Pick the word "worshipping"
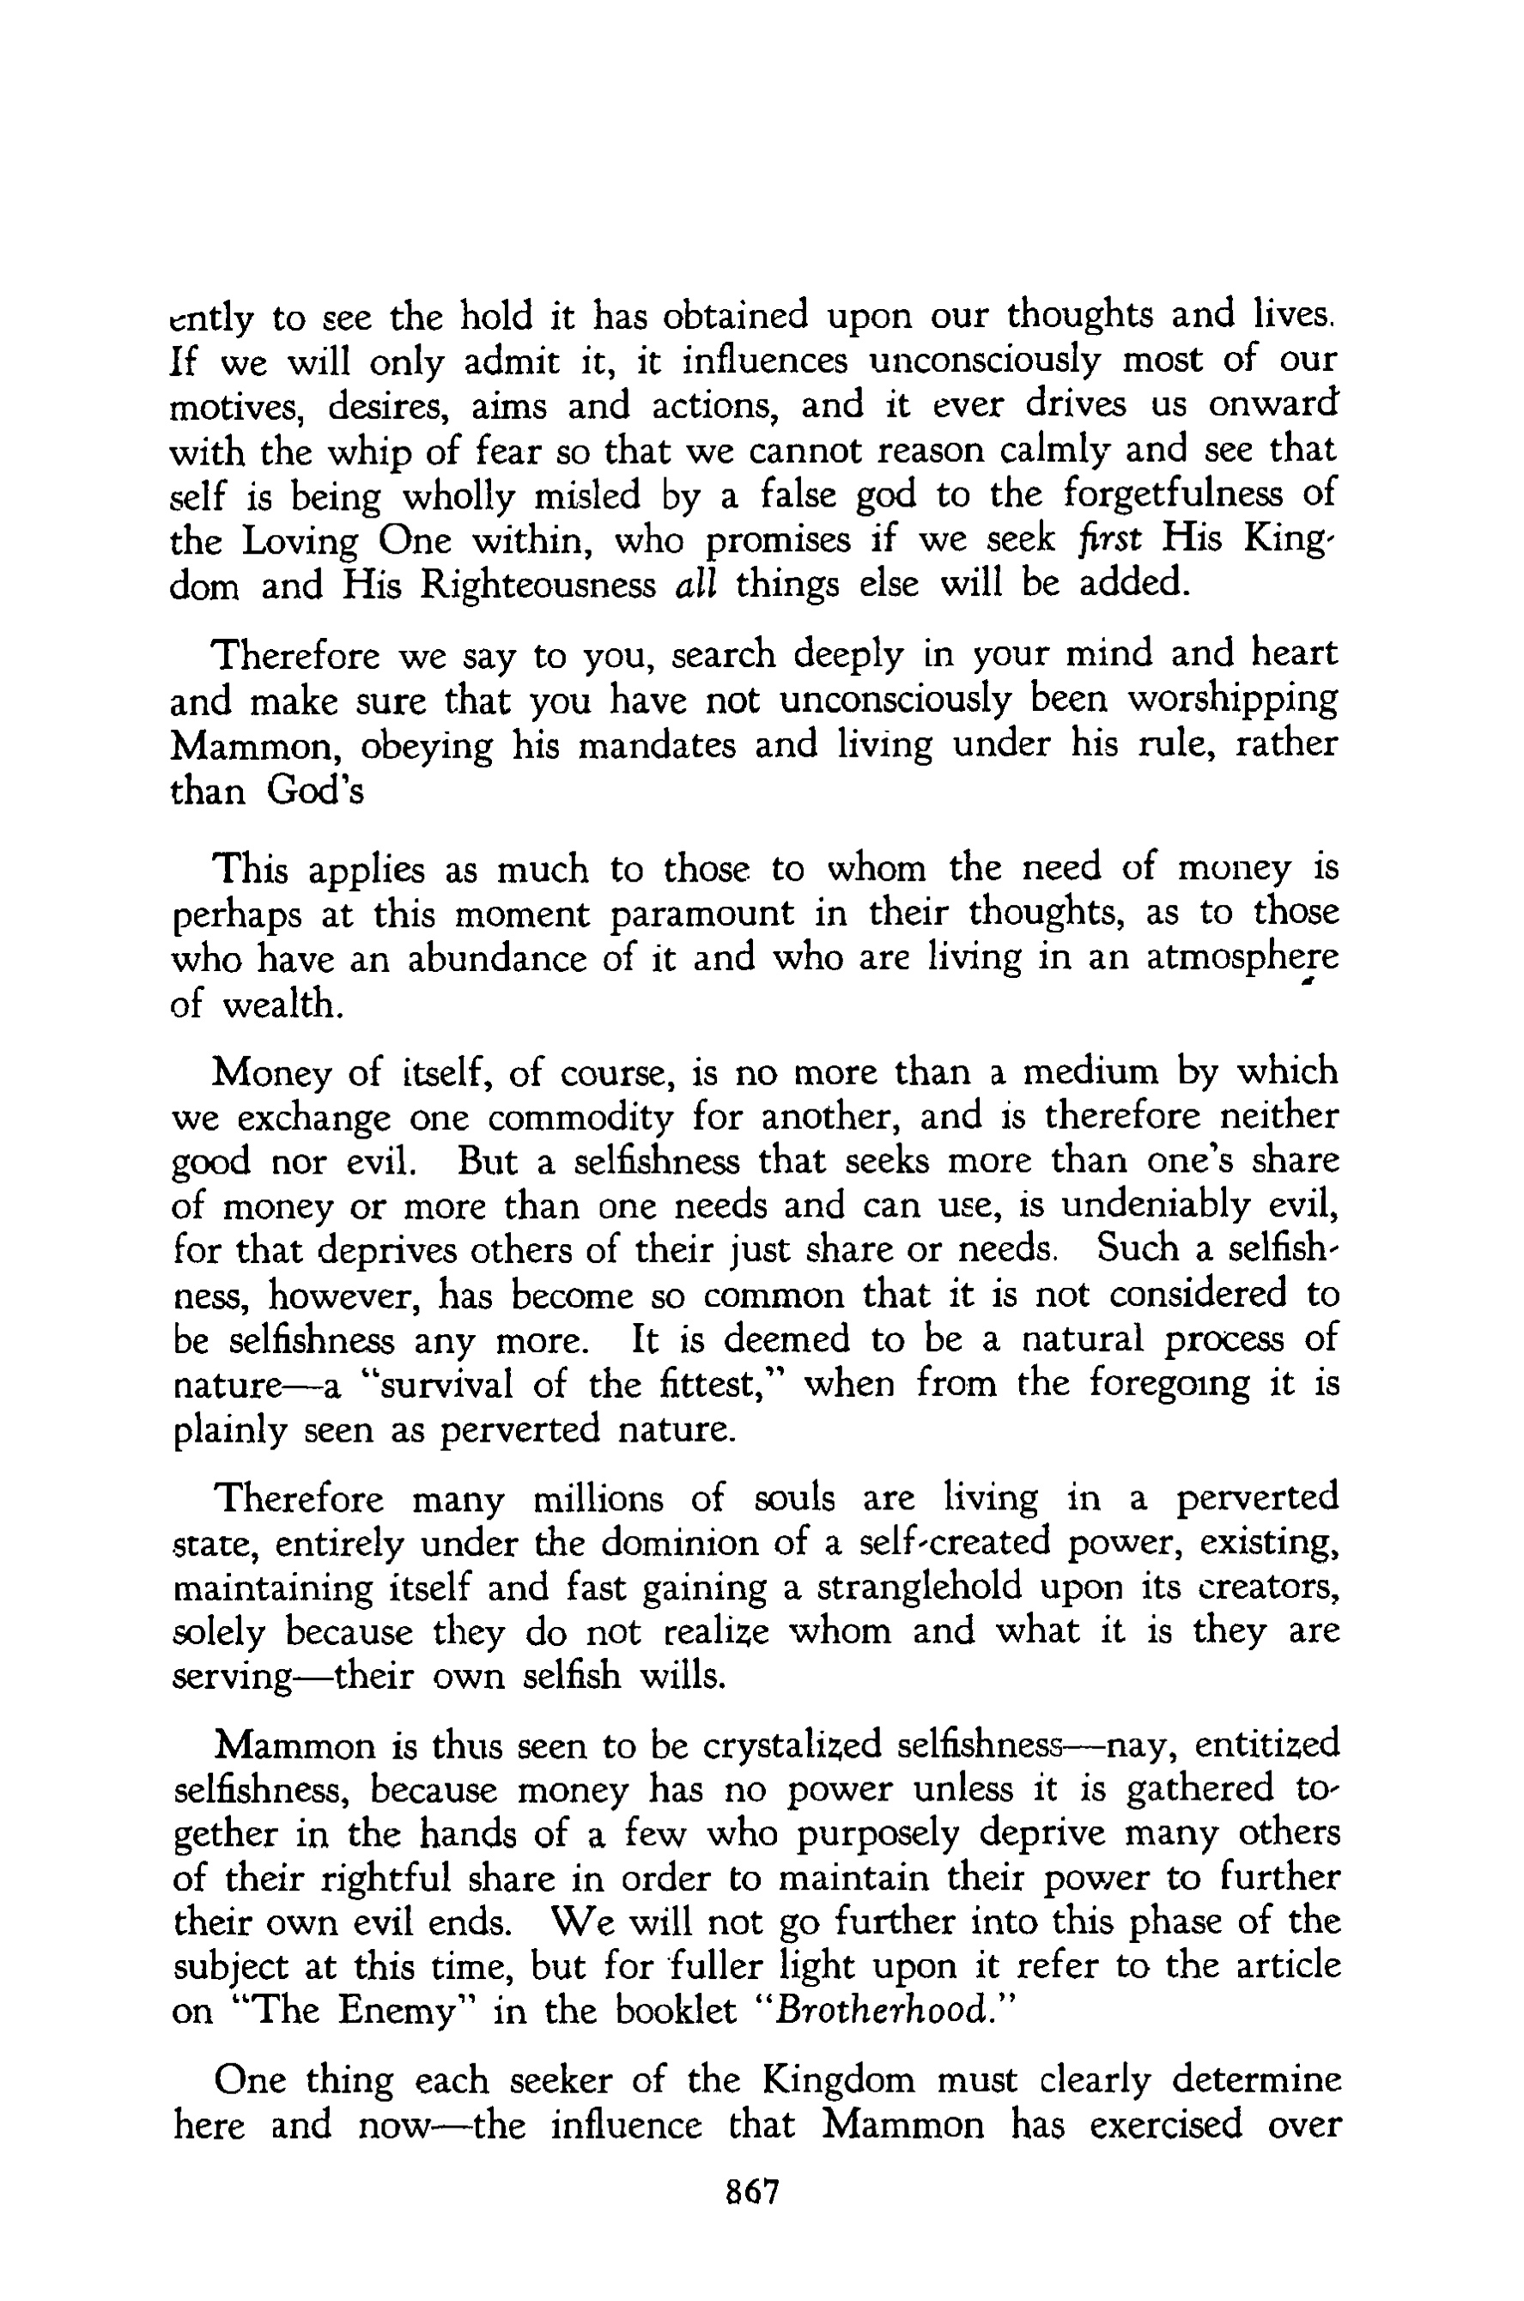pos(1231,700)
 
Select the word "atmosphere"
pos(1242,958)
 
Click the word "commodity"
pos(580,1118)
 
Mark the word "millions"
pos(598,1498)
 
